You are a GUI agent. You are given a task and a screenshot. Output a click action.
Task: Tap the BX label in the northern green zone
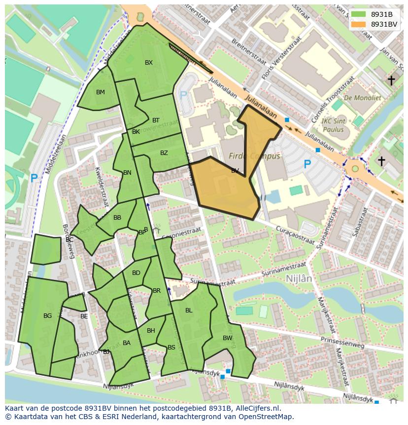pyautogui.click(x=149, y=63)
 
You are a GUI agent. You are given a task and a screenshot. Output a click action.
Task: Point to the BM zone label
pyautogui.click(x=101, y=92)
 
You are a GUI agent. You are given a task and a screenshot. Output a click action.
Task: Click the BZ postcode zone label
pyautogui.click(x=164, y=153)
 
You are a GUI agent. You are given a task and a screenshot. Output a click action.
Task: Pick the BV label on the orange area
pyautogui.click(x=235, y=171)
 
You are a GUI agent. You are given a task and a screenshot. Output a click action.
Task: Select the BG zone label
pyautogui.click(x=48, y=316)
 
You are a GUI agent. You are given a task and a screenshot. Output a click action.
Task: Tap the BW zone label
pyautogui.click(x=227, y=338)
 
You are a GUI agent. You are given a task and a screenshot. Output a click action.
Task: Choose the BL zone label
pyautogui.click(x=189, y=310)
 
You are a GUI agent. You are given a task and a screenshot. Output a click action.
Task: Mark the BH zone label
pyautogui.click(x=151, y=331)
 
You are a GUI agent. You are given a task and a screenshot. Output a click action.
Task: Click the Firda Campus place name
pyautogui.click(x=254, y=156)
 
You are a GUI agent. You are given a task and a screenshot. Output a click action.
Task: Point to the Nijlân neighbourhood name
pyautogui.click(x=299, y=278)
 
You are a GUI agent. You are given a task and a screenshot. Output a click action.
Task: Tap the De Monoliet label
pyautogui.click(x=363, y=98)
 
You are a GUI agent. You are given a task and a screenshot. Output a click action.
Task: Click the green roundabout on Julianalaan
pyautogui.click(x=355, y=169)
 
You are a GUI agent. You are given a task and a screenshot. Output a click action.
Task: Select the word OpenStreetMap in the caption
pyautogui.click(x=268, y=417)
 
